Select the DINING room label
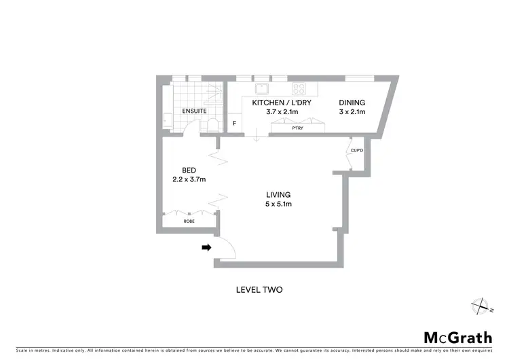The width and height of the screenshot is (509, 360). [352, 103]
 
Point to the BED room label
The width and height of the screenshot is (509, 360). [189, 170]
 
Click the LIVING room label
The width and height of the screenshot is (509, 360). [278, 194]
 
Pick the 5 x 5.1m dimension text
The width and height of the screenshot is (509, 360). [278, 203]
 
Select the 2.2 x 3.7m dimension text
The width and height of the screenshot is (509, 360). [189, 179]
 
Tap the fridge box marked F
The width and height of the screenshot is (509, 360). [235, 123]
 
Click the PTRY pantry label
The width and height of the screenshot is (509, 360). [297, 127]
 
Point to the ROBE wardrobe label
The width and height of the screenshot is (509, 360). [189, 221]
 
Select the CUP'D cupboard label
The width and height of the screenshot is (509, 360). [357, 150]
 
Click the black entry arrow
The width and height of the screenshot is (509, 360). [206, 248]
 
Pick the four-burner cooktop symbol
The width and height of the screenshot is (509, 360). [299, 88]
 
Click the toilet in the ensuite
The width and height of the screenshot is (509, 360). [212, 124]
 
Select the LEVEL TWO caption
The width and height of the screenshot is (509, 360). [259, 290]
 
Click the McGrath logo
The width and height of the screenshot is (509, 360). [457, 338]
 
